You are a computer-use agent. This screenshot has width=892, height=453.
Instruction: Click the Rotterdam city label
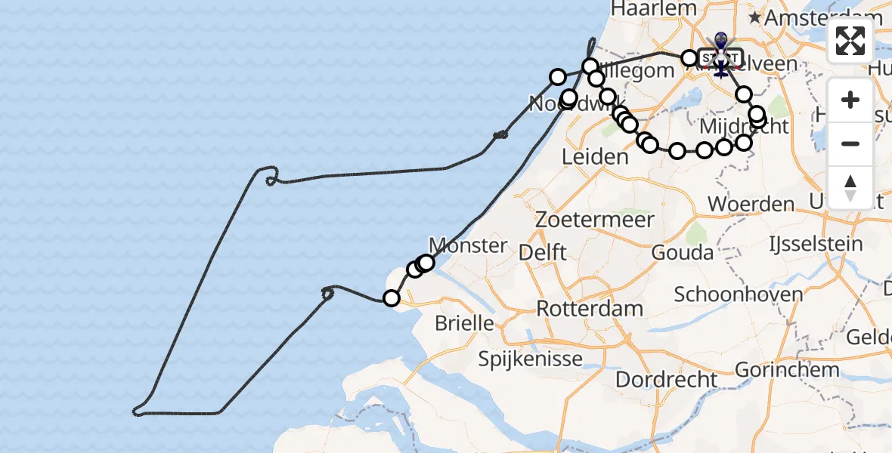click(x=590, y=308)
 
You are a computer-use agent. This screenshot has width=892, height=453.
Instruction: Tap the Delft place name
click(x=544, y=252)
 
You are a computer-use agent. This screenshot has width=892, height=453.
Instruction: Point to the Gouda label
click(x=682, y=252)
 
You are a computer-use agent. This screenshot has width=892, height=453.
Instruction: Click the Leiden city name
click(x=595, y=157)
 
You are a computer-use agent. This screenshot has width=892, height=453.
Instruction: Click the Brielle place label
click(x=464, y=324)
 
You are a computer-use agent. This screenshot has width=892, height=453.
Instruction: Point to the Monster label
click(x=468, y=245)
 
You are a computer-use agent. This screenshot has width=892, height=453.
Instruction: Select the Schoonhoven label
click(x=738, y=294)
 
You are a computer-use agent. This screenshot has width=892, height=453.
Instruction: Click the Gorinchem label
click(x=787, y=370)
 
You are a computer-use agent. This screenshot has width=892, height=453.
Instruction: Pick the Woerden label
click(x=751, y=204)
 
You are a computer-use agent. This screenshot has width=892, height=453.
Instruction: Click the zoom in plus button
click(x=850, y=100)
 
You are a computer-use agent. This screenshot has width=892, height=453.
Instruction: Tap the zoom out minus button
click(x=850, y=143)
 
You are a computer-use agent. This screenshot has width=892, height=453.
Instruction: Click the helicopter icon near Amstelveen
click(x=720, y=68)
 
